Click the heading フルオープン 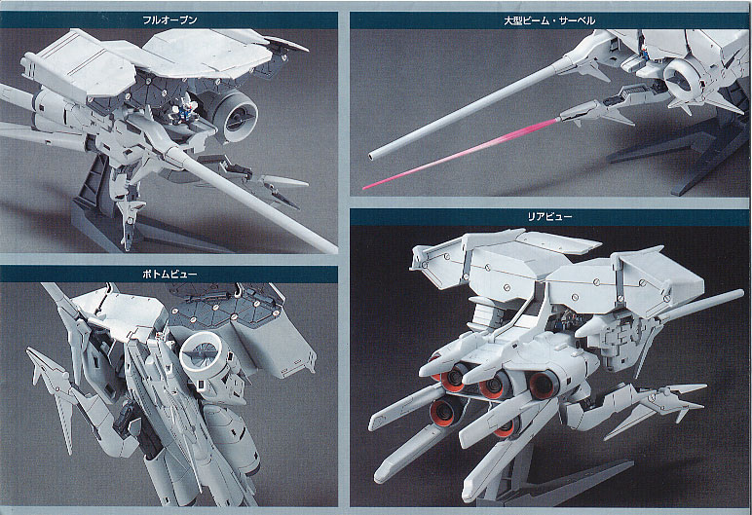[169, 20]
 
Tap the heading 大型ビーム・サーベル [549, 20]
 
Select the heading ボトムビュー [169, 275]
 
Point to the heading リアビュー [549, 217]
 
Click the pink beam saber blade [461, 154]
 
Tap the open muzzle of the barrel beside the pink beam [372, 155]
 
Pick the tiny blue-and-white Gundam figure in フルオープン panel [178, 113]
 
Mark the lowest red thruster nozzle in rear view [506, 425]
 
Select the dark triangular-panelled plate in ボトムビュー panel [230, 307]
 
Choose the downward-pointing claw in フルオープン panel [128, 218]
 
